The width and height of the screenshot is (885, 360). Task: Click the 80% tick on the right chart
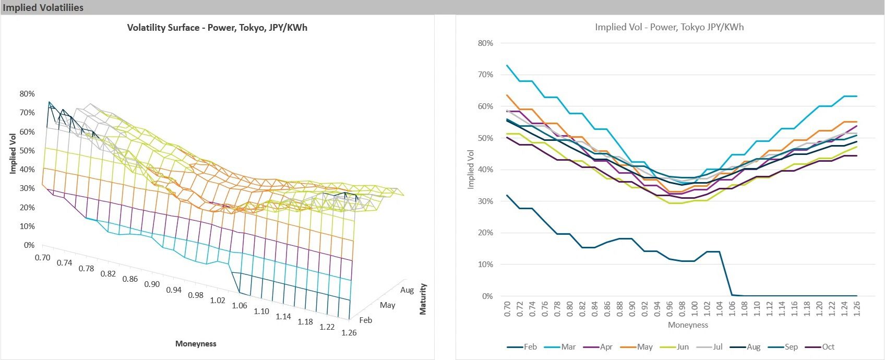click(485, 43)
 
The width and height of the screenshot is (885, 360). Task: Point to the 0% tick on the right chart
click(487, 296)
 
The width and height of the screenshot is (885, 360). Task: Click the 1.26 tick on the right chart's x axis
click(857, 308)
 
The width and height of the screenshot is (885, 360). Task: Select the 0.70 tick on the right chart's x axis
click(507, 308)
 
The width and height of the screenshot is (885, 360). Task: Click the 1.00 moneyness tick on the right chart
click(695, 308)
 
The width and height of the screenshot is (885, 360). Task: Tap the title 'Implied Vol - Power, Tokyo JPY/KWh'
click(669, 27)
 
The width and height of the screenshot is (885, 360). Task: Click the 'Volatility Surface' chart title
click(217, 28)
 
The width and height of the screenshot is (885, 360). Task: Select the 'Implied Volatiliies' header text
click(43, 7)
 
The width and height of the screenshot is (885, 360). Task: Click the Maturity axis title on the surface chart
click(423, 299)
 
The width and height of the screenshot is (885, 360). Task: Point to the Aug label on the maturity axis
click(407, 290)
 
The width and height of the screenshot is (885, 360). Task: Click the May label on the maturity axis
click(387, 305)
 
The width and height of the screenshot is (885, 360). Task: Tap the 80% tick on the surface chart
click(27, 94)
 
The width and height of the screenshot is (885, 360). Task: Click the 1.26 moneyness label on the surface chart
click(349, 332)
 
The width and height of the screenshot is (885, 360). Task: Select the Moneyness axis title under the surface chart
click(196, 344)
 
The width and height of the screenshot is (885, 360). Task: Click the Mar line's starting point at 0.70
click(507, 66)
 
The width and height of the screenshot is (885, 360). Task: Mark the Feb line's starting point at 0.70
click(507, 196)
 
